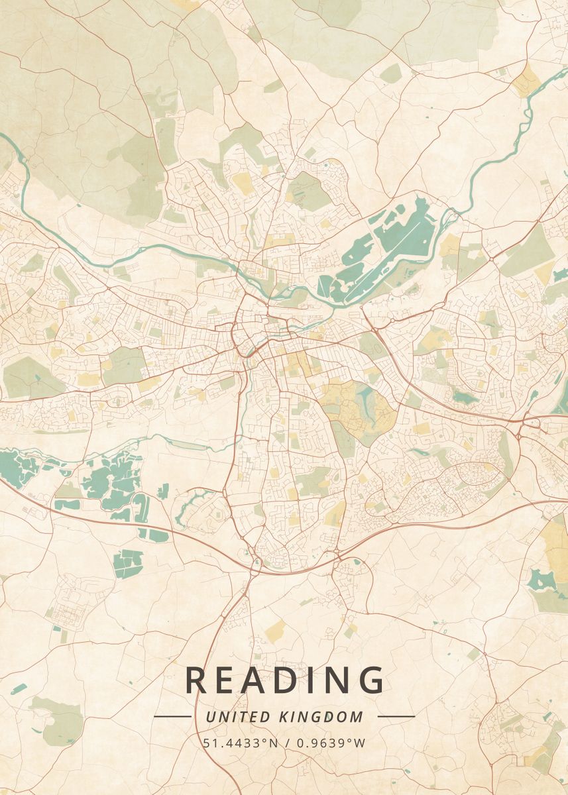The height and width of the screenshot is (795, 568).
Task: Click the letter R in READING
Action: pyautogui.click(x=197, y=680)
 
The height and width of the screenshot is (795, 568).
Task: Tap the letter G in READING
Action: pyautogui.click(x=370, y=680)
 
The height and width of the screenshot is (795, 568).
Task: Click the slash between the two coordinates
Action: pyautogui.click(x=286, y=743)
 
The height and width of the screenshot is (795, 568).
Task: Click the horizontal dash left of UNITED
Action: pyautogui.click(x=172, y=716)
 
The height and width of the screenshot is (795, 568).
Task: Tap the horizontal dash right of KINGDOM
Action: pyautogui.click(x=396, y=716)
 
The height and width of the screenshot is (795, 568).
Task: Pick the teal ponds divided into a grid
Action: pyautogui.click(x=127, y=562)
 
